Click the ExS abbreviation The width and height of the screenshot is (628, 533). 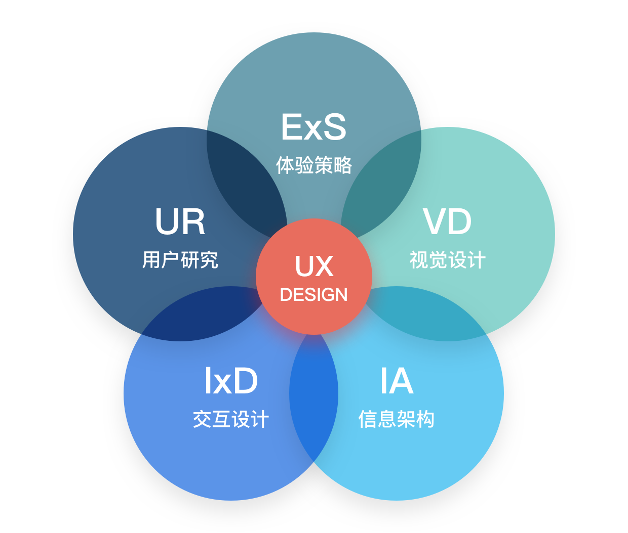coord(313,127)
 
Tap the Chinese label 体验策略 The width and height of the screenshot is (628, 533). coord(313,165)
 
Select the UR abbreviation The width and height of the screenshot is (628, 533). coord(180,222)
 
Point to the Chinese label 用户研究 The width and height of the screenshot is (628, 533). coord(180,260)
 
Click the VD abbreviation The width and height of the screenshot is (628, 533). coord(447,222)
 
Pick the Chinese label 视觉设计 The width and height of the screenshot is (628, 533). coord(447,260)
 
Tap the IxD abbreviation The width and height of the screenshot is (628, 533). coord(231,381)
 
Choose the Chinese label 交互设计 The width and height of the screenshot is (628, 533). coord(231,419)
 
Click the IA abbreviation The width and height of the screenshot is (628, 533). coord(397,381)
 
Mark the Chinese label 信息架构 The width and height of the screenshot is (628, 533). coord(397,419)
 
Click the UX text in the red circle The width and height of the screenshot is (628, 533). coord(314,266)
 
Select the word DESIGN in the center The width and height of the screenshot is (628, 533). coord(314,295)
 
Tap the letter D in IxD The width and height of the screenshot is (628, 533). coord(246,381)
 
